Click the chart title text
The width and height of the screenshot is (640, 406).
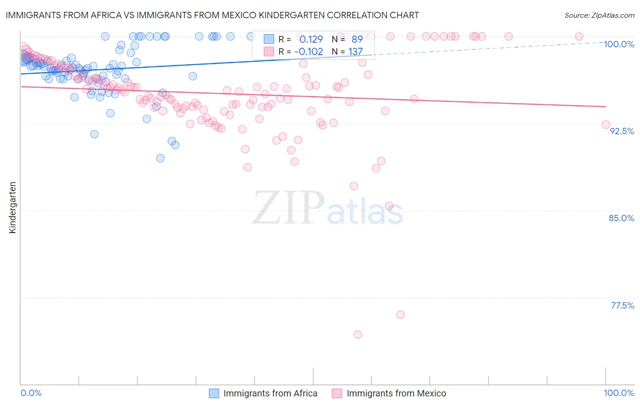212,15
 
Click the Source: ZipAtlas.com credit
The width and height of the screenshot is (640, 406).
599,15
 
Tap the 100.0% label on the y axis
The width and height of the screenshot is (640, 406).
619,44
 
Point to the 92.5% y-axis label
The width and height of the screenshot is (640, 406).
622,131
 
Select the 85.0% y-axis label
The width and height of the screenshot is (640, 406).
621,218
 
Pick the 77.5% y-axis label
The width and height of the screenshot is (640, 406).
622,305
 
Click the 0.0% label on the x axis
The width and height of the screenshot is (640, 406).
31,393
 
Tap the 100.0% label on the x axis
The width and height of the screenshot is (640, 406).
619,393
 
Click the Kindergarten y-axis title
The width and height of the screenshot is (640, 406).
12,208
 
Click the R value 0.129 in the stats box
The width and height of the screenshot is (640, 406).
311,39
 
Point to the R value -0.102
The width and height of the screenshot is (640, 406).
308,51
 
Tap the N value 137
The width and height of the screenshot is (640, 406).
356,51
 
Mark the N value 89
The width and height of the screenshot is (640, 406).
357,39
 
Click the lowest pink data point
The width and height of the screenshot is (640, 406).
358,335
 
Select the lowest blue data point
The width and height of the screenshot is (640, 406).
160,158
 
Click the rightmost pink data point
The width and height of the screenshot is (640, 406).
606,125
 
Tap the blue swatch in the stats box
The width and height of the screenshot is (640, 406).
269,39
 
